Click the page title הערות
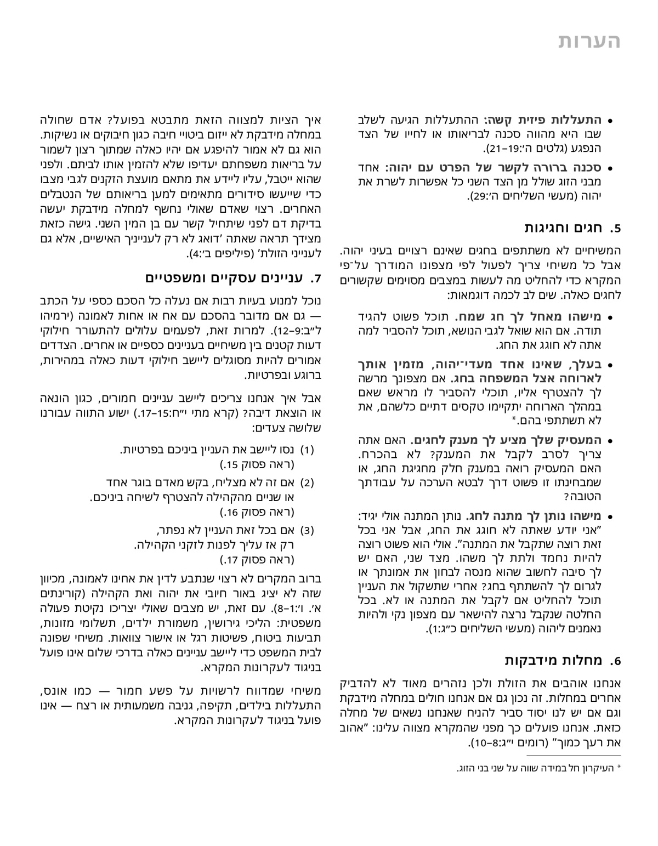coord(589,42)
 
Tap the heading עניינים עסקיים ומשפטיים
coord(225,278)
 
